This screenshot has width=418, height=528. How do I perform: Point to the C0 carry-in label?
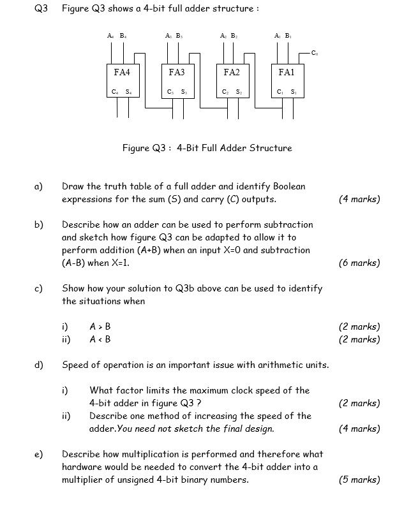click(315, 53)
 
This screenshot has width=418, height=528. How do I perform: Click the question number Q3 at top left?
click(41, 8)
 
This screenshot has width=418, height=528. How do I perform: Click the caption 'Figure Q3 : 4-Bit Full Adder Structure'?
click(207, 148)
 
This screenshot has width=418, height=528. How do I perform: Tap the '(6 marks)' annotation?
click(359, 263)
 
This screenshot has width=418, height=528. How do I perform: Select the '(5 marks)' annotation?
click(359, 480)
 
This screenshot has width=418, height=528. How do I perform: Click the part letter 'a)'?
click(38, 186)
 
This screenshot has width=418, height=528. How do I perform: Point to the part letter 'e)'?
click(38, 454)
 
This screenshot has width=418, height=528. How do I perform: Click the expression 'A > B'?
click(100, 326)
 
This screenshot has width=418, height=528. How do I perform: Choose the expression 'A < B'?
click(100, 339)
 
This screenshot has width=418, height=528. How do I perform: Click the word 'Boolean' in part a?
click(289, 186)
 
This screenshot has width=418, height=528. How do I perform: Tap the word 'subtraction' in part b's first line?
click(288, 224)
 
